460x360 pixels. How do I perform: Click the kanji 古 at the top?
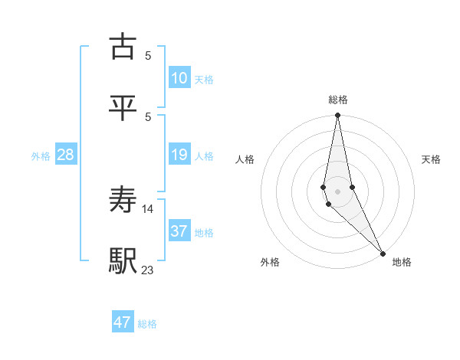pyautogui.click(x=123, y=47)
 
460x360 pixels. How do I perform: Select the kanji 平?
pyautogui.click(x=123, y=108)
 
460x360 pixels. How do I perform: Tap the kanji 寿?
pyautogui.click(x=123, y=200)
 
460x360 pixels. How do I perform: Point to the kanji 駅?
pyautogui.click(x=123, y=261)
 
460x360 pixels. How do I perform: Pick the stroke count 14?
pyautogui.click(x=148, y=208)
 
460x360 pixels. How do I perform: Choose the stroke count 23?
pyautogui.click(x=148, y=270)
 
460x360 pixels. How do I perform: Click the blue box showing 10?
pyautogui.click(x=179, y=78)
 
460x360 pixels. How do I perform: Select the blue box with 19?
pyautogui.click(x=179, y=155)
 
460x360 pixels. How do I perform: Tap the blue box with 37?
pyautogui.click(x=179, y=231)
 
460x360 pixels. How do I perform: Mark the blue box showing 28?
pyautogui.click(x=66, y=155)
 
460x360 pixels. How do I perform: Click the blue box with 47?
pyautogui.click(x=123, y=322)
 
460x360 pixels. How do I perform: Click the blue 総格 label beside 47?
pyautogui.click(x=147, y=324)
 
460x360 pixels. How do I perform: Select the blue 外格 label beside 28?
pyautogui.click(x=41, y=156)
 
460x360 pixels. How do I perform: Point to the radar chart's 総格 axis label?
pyautogui.click(x=338, y=100)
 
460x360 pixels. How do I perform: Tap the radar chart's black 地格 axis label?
pyautogui.click(x=402, y=262)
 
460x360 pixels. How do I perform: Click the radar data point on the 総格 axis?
pyautogui.click(x=337, y=116)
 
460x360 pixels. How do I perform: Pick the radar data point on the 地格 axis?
pyautogui.click(x=383, y=252)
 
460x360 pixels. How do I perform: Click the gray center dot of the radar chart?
pyautogui.click(x=337, y=191)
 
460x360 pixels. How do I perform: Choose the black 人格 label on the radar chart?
pyautogui.click(x=245, y=159)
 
